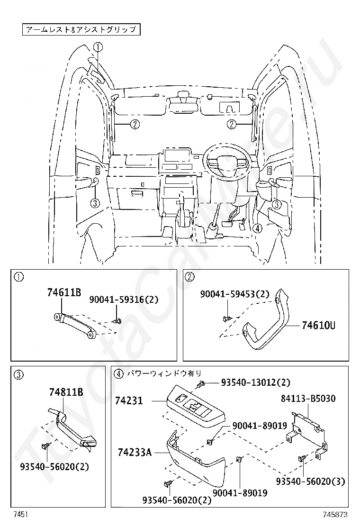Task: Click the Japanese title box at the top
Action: [x=81, y=30]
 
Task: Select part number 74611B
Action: [x=64, y=292]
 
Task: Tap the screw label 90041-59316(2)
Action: [x=124, y=300]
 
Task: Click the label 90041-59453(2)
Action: [x=235, y=294]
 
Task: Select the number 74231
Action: [x=128, y=401]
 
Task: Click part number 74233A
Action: [x=134, y=453]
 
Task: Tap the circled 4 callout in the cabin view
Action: [x=257, y=228]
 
